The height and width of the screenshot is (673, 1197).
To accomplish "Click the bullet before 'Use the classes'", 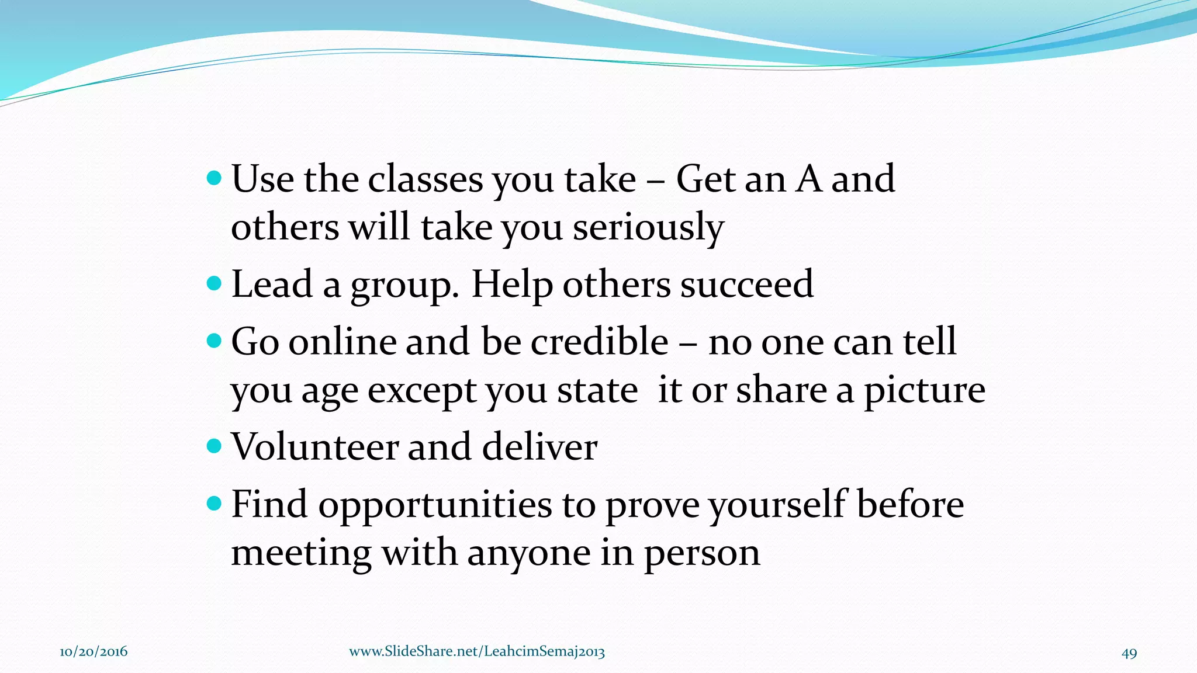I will pyautogui.click(x=215, y=178).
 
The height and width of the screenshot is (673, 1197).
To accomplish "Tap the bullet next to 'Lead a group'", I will pyautogui.click(x=215, y=283).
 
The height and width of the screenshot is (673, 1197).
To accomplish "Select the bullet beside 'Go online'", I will pyautogui.click(x=215, y=341).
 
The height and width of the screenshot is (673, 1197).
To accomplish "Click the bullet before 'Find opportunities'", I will pyautogui.click(x=215, y=503).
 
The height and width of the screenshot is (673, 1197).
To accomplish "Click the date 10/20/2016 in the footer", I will pyautogui.click(x=94, y=652).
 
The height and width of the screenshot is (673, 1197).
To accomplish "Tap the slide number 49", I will pyautogui.click(x=1129, y=653).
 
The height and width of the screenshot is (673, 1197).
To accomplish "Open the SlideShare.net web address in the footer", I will pyautogui.click(x=477, y=652).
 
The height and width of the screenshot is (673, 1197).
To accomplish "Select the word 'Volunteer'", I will pyautogui.click(x=314, y=447).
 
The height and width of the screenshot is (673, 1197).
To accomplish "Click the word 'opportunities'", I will pyautogui.click(x=435, y=506).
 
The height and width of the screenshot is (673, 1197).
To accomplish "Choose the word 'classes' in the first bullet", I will pyautogui.click(x=425, y=179).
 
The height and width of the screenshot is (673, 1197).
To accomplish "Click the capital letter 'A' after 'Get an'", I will pyautogui.click(x=809, y=179).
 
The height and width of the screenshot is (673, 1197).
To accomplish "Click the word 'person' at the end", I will pyautogui.click(x=701, y=554).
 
